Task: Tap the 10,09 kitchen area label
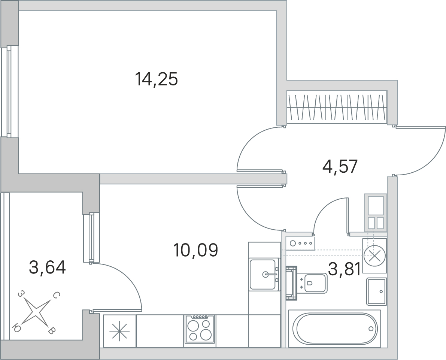click(195, 250)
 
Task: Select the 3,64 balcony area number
click(48, 268)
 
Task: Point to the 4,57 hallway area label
click(340, 166)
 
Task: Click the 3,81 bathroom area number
click(345, 269)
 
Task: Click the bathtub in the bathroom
click(334, 329)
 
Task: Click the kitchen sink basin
click(263, 274)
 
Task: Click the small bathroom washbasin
click(376, 291)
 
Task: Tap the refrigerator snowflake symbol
click(119, 331)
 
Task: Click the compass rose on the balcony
click(35, 311)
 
